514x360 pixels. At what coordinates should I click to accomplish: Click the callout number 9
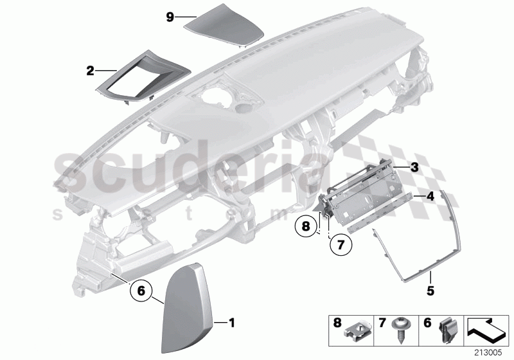pyautogui.click(x=170, y=17)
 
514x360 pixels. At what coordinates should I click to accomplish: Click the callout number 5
pyautogui.click(x=430, y=290)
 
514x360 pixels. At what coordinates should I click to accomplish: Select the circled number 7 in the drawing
pyautogui.click(x=340, y=244)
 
